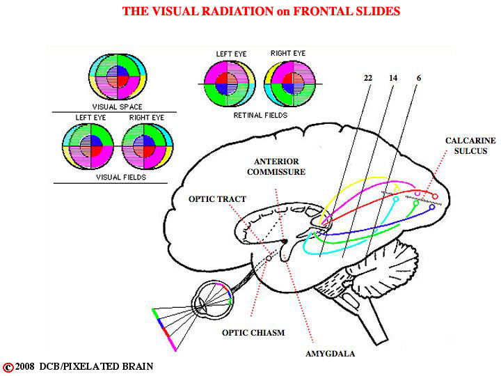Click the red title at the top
point(261,11)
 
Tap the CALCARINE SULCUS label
point(470,146)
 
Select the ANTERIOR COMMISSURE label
point(276,166)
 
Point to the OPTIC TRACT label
point(217,199)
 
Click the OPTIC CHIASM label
point(253,333)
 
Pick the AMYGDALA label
point(330,354)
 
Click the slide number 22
point(368,78)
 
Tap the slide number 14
point(393,78)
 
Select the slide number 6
point(419,78)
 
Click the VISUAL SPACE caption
point(118,107)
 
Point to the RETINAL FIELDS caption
point(260,115)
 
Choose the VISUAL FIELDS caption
point(121,177)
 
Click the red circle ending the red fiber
point(435,196)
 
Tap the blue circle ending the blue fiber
point(432,207)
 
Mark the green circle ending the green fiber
point(415,203)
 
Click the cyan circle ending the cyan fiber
point(396,199)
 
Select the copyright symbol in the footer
point(8,368)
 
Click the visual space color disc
point(118,77)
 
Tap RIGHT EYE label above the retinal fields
point(288,53)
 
